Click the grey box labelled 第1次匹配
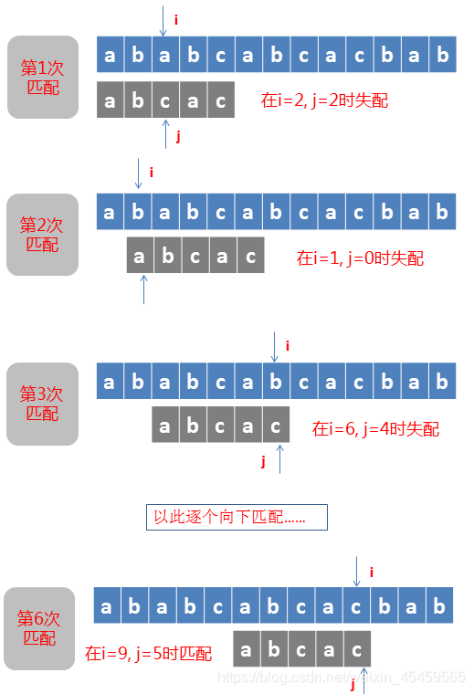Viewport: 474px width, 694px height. [x=42, y=78]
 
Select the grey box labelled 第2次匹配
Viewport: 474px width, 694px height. [x=42, y=235]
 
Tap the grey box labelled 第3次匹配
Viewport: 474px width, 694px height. [x=42, y=404]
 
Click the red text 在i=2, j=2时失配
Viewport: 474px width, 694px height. [x=324, y=100]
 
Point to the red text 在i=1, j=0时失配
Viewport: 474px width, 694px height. [x=360, y=258]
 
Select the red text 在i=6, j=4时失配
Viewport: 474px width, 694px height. [x=375, y=428]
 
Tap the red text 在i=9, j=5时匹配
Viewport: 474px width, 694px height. [x=148, y=654]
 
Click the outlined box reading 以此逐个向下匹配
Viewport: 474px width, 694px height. [x=237, y=517]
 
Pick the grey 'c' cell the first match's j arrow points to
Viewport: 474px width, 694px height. [x=165, y=100]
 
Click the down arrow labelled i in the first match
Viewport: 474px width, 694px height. [x=163, y=21]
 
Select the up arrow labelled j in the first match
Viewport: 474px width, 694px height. [x=165, y=135]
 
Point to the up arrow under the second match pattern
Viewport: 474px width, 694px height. [x=143, y=289]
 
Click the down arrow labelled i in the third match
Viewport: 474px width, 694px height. [x=275, y=347]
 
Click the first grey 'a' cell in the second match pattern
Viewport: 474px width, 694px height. [x=140, y=257]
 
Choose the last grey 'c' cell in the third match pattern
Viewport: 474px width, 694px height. [x=276, y=426]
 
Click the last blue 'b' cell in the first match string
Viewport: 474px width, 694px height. [x=443, y=56]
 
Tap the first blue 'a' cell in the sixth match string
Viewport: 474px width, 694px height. [x=107, y=606]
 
